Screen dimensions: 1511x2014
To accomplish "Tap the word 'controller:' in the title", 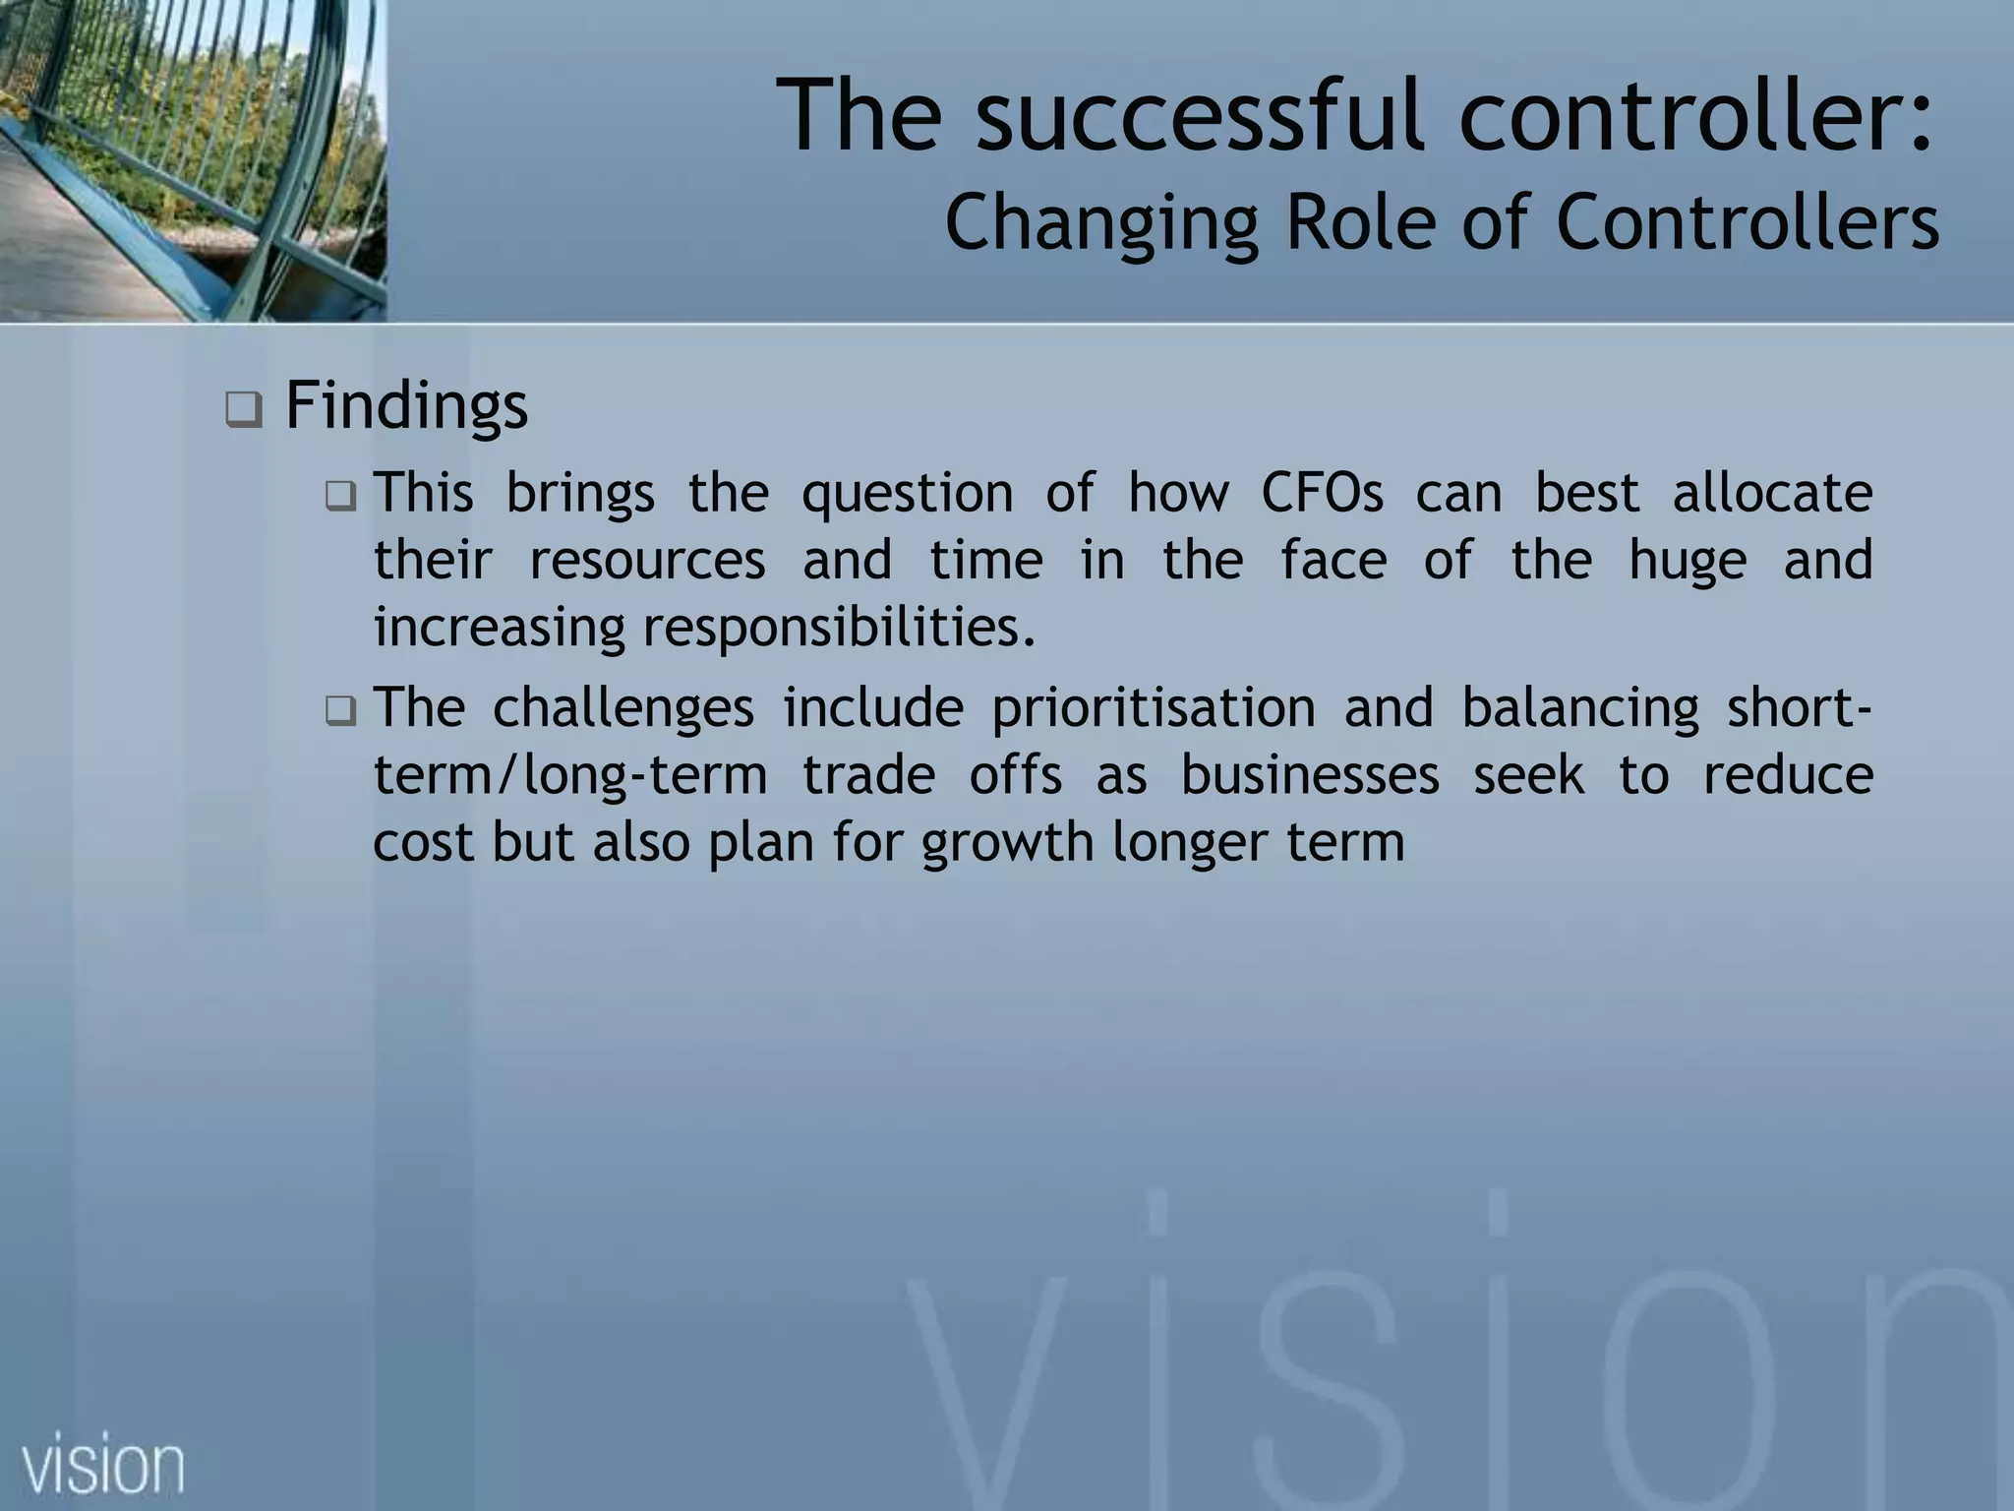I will [1695, 115].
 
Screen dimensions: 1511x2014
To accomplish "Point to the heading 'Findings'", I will [406, 405].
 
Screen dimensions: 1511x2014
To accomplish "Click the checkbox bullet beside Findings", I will [243, 408].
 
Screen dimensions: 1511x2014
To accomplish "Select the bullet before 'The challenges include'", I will [340, 710].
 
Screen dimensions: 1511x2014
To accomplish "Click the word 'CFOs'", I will [1322, 492].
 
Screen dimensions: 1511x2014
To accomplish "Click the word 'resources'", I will [647, 560].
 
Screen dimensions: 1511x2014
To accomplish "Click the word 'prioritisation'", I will [1153, 708].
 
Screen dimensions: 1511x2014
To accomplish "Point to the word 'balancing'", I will [1579, 708].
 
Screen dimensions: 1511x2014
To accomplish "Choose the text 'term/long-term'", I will [570, 775].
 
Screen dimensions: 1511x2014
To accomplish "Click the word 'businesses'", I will [1309, 775].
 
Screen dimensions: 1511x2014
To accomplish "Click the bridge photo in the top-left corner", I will [192, 159].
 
